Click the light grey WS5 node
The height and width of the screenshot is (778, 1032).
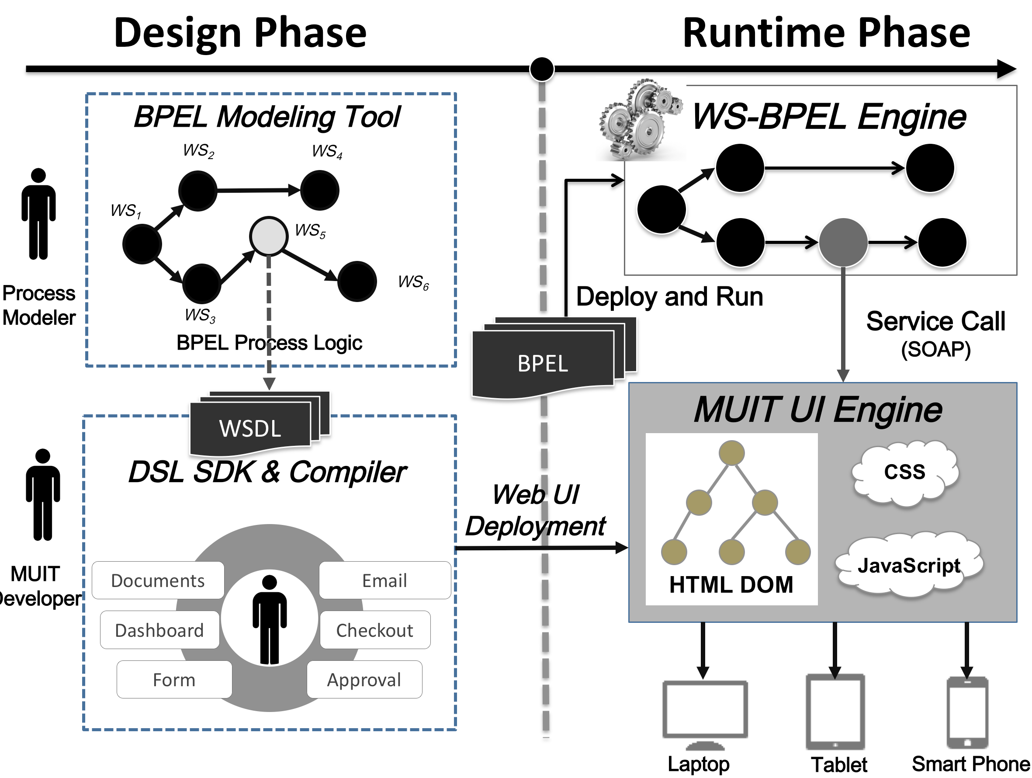pos(268,236)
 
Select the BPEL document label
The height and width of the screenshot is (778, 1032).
pos(543,364)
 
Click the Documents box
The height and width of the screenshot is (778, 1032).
pos(158,580)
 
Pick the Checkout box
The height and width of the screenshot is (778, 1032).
pos(374,630)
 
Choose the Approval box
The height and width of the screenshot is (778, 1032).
pos(364,680)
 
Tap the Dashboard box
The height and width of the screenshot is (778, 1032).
pos(159,630)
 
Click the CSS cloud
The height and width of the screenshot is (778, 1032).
pos(904,472)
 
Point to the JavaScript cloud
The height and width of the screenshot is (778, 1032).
pos(909,566)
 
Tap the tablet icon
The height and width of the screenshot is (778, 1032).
pos(835,711)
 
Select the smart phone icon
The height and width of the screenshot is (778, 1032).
pos(967,711)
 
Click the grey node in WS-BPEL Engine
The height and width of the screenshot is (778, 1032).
pos(843,242)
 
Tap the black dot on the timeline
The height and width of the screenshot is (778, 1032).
pos(542,69)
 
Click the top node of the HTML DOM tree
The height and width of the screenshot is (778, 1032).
pos(731,453)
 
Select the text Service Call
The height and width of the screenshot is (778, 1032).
pos(935,321)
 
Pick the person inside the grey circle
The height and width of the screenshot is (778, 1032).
pos(270,618)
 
